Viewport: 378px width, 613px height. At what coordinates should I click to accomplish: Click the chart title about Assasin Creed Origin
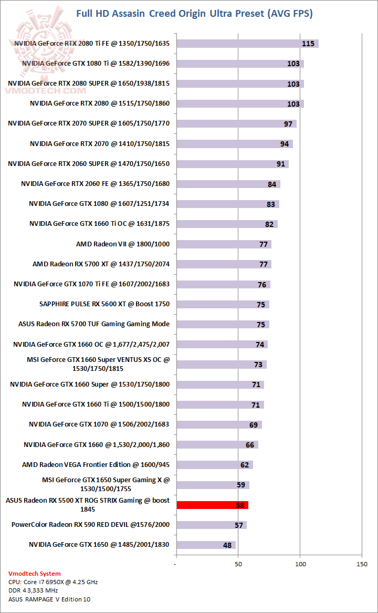194,14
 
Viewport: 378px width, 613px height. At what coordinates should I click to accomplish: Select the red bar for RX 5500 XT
212,505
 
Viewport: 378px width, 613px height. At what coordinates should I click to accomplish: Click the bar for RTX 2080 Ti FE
247,43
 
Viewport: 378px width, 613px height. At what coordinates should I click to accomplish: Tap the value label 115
308,44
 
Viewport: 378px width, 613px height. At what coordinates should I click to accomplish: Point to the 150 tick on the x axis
362,564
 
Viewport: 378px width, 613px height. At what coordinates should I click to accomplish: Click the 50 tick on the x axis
238,564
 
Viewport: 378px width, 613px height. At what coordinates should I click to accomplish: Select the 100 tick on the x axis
300,564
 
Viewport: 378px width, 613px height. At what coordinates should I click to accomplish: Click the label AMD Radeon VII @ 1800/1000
123,244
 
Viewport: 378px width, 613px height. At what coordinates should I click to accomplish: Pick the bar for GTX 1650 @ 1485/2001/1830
206,545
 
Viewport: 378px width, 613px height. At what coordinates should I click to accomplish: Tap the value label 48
227,545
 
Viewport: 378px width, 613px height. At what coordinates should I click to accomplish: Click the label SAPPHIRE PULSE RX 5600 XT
104,304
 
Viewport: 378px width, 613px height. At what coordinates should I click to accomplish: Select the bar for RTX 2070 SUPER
236,123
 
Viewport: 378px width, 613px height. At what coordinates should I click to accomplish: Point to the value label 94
285,144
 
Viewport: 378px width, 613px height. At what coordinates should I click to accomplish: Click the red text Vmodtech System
35,574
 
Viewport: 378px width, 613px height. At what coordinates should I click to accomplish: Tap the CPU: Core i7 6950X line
53,582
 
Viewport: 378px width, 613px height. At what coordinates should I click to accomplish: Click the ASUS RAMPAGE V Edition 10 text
46,599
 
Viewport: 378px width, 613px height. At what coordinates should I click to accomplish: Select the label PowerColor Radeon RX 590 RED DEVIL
90,524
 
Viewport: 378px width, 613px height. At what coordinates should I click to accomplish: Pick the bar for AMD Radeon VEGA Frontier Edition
214,465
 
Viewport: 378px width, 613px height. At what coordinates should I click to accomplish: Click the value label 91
281,164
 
